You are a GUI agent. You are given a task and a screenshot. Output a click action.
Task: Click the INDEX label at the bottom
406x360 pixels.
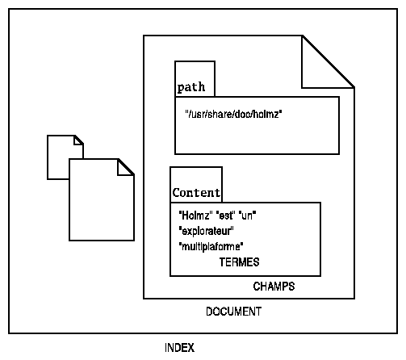179,347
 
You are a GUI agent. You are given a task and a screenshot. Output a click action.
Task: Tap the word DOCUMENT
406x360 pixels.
233,312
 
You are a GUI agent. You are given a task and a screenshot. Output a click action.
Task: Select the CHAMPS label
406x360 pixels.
274,287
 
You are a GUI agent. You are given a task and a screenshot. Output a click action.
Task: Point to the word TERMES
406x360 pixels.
239,262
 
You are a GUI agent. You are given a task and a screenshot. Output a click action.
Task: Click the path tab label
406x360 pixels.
191,87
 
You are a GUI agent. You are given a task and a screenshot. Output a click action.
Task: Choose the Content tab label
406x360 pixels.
196,193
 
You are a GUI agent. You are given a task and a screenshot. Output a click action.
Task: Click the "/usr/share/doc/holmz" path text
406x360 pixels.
233,114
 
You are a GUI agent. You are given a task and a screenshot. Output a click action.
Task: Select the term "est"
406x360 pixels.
225,216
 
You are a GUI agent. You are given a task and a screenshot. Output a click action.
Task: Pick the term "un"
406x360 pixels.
247,216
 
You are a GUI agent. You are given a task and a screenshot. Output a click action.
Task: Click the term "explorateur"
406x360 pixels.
206,231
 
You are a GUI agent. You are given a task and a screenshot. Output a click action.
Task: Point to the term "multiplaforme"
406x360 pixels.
211,246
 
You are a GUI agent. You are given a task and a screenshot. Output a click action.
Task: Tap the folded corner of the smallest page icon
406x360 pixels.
77,141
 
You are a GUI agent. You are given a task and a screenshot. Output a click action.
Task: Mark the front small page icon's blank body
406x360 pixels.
102,207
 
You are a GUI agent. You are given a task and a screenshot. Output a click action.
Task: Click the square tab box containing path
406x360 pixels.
195,78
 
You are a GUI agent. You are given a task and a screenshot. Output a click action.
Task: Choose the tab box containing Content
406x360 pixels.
196,185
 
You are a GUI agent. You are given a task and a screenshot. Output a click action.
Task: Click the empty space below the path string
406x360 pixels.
257,137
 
